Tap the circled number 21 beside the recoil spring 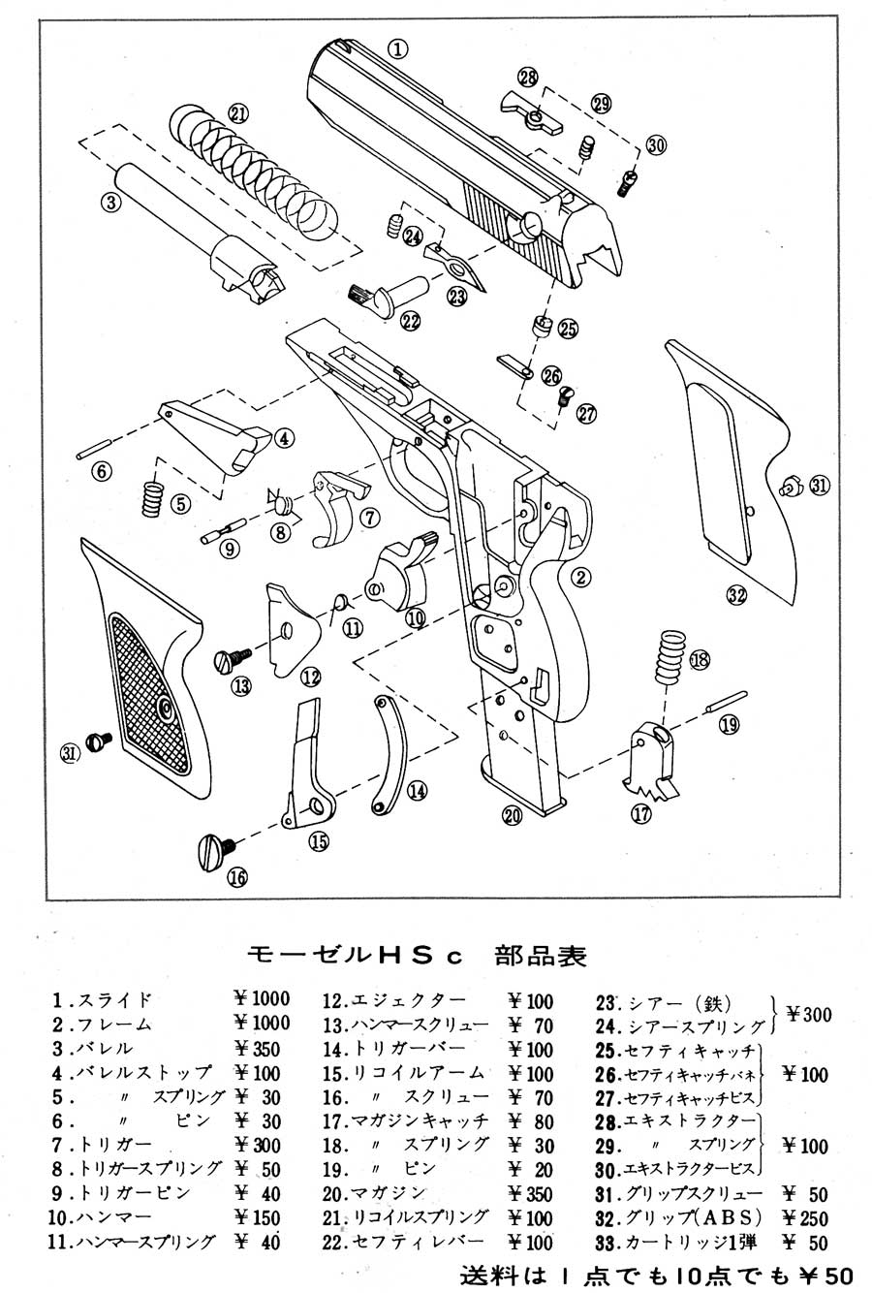[x=238, y=113]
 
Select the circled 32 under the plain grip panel [x=736, y=595]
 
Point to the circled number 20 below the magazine [x=512, y=815]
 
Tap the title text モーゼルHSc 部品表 [x=418, y=955]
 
